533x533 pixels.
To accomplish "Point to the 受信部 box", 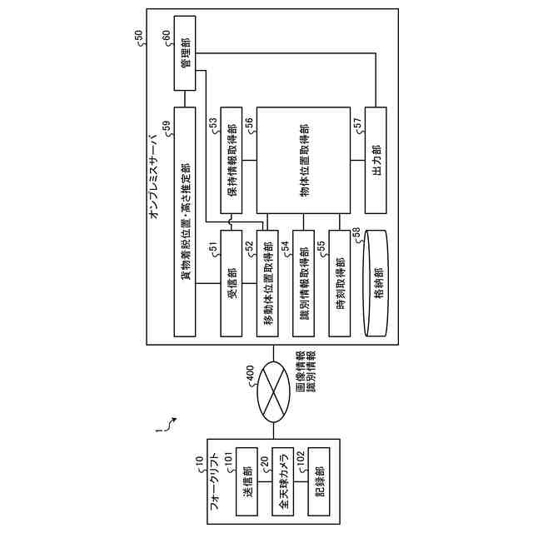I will [x=234, y=283].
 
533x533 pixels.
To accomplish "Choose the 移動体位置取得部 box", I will [x=267, y=283].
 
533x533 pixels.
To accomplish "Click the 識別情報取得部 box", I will [x=305, y=283].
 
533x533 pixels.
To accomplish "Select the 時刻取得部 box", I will [x=341, y=283].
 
